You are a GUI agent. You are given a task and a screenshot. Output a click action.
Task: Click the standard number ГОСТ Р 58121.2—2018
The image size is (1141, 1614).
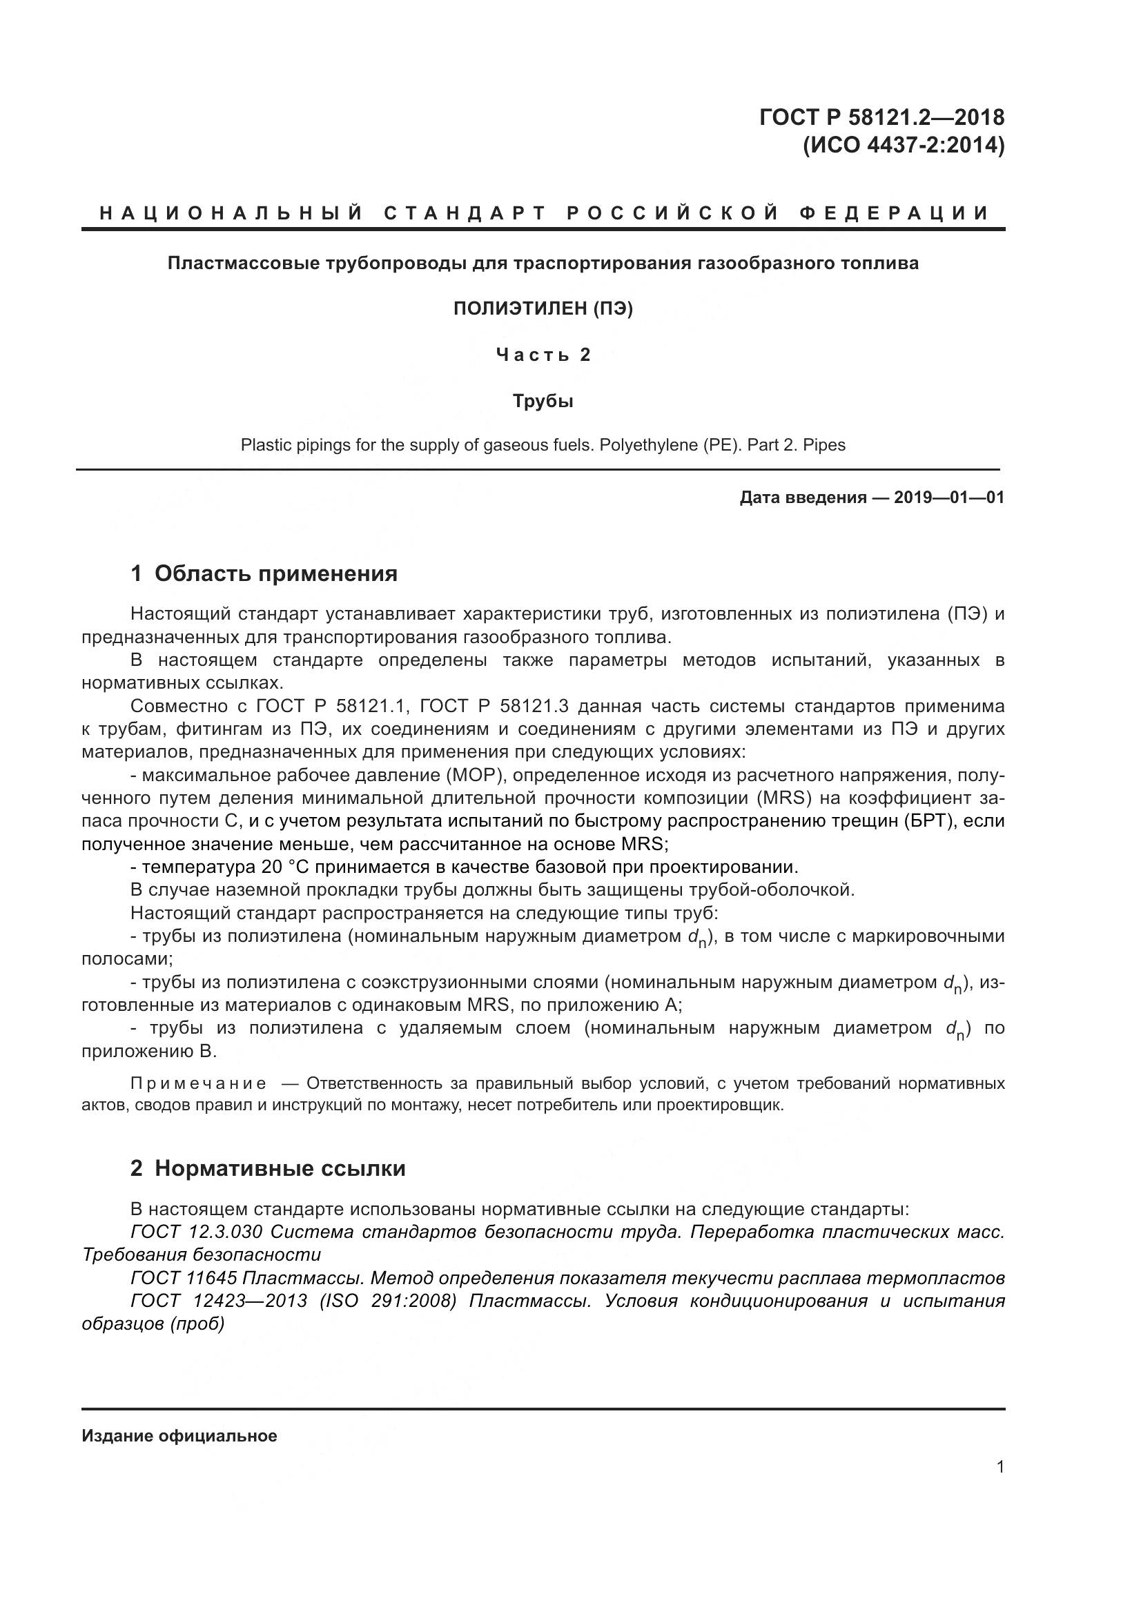[x=881, y=117]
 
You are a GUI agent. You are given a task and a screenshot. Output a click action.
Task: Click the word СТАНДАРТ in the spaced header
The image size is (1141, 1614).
[x=465, y=213]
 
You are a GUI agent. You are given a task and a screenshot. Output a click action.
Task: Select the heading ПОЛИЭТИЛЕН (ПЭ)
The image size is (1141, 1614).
[x=543, y=308]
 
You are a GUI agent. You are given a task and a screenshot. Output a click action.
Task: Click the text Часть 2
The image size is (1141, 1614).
[x=543, y=355]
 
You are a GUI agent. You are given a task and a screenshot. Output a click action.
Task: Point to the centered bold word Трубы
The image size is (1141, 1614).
[x=543, y=402]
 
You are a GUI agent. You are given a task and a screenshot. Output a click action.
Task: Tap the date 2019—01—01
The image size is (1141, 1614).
[x=948, y=498]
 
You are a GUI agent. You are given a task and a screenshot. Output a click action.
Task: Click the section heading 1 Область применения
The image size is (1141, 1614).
[x=264, y=573]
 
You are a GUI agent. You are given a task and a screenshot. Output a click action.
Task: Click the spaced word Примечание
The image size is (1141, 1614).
[x=198, y=1083]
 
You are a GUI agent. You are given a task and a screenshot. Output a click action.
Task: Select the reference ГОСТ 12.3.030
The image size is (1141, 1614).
[x=196, y=1232]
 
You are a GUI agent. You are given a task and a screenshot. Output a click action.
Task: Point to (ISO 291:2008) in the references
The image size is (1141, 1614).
[x=388, y=1301]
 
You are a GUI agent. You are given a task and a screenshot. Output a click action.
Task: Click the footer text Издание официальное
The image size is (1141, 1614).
[x=179, y=1436]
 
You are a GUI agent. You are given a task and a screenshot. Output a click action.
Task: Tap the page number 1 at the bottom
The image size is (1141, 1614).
[x=999, y=1467]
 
